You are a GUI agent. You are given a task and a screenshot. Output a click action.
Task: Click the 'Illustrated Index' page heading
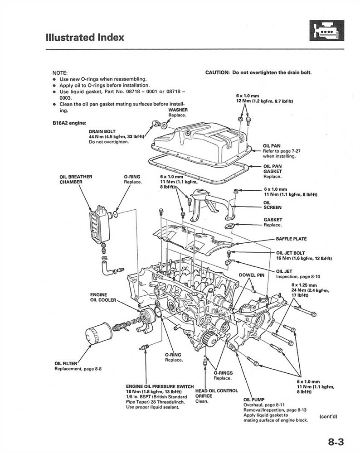[x=84, y=37]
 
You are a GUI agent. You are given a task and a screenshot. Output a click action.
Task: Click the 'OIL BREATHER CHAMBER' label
[x=71, y=179]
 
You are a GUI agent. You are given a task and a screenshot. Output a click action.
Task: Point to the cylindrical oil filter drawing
[x=97, y=336]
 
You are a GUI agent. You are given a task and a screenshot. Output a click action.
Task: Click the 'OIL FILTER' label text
[x=66, y=364]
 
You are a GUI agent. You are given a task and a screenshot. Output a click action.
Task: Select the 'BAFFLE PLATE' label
[x=291, y=239]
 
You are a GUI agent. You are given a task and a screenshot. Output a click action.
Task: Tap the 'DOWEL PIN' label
[x=251, y=275]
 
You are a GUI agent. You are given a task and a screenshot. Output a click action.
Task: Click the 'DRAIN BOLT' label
[x=102, y=131]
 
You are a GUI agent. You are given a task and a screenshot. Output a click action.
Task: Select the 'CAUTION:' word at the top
[x=218, y=72]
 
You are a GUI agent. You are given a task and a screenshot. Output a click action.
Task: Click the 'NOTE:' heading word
[x=60, y=72]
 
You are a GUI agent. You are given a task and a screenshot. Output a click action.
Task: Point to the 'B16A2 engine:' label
[x=69, y=123]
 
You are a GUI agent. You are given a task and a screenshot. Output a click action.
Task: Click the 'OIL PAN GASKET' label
[x=272, y=169]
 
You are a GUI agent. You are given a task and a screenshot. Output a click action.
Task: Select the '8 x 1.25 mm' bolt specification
[x=303, y=285]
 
